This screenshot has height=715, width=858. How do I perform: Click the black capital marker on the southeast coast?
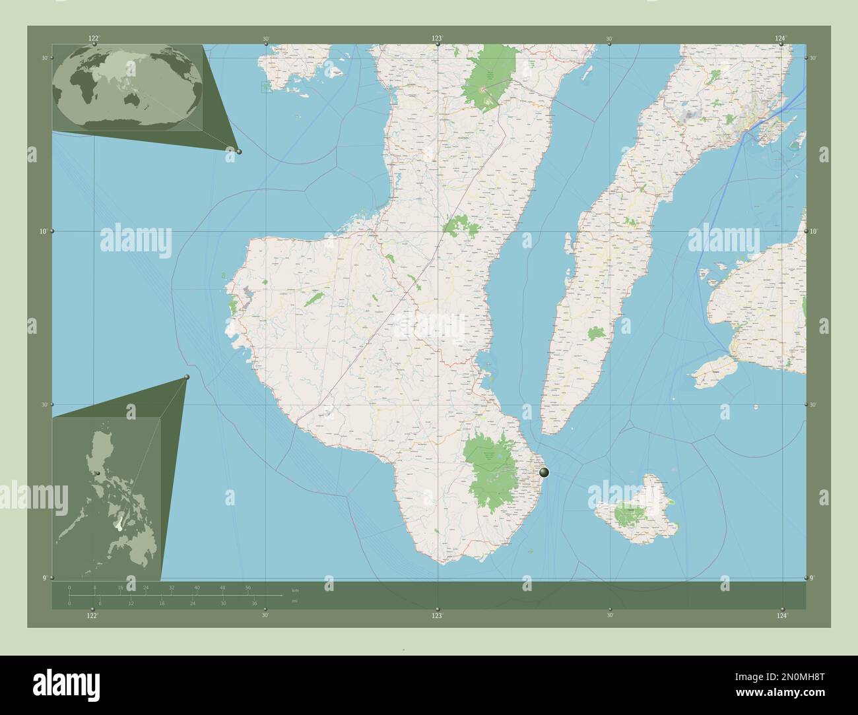(544, 472)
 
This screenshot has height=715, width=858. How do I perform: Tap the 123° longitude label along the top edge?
(437, 39)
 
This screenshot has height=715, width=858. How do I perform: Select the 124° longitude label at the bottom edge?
(781, 615)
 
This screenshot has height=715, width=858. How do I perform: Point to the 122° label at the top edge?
(94, 39)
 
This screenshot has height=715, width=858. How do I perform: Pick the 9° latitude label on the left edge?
(44, 578)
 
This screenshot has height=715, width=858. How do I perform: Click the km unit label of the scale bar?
(295, 590)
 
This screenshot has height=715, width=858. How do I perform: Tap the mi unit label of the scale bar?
(294, 601)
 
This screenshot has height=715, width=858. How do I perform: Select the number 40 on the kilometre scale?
(197, 586)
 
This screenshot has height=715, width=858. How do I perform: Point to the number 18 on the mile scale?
(162, 604)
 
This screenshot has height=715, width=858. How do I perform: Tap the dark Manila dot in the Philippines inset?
(98, 473)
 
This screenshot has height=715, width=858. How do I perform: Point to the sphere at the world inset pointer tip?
(239, 152)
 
